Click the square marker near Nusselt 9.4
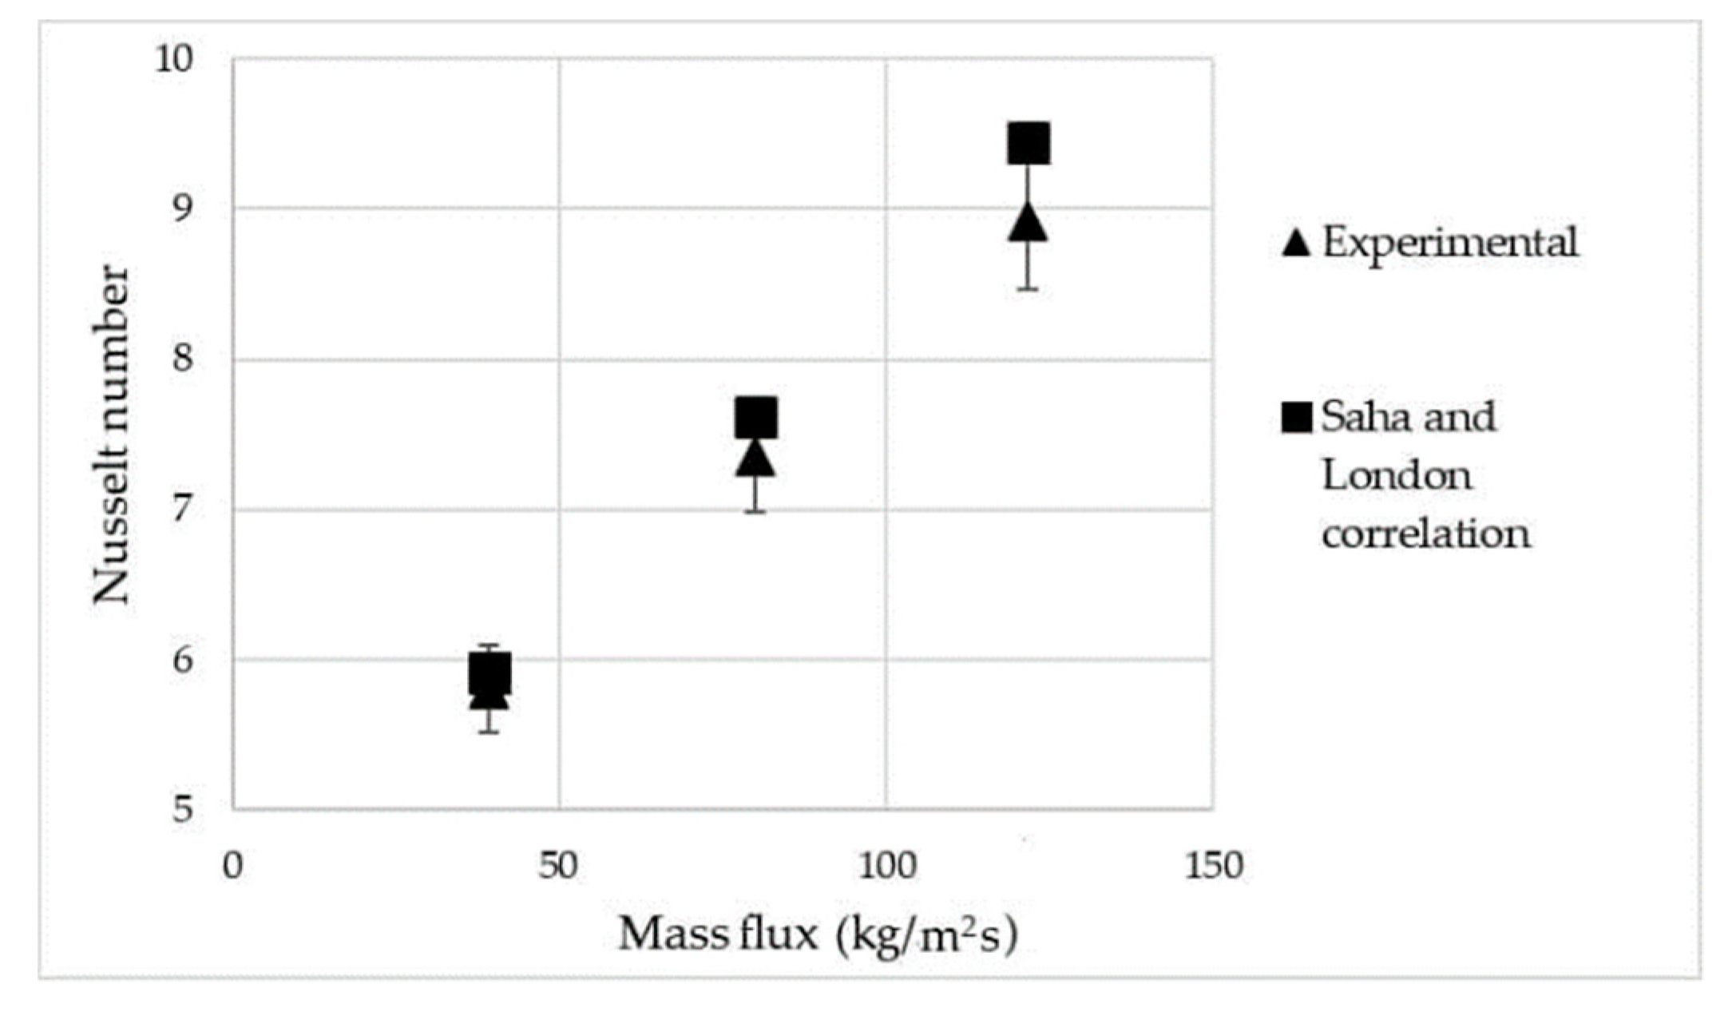tap(1028, 144)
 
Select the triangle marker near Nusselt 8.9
tap(1028, 224)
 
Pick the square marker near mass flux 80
tap(755, 418)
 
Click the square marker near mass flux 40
tap(489, 673)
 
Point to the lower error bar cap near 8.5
tap(1028, 288)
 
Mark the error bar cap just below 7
tap(755, 511)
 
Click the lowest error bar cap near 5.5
tap(489, 732)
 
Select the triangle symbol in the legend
tap(1296, 243)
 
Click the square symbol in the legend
tap(1296, 417)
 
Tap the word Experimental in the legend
tap(1450, 242)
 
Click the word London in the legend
tap(1397, 476)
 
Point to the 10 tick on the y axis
tap(175, 59)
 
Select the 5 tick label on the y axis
tap(184, 808)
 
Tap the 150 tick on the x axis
tap(1213, 867)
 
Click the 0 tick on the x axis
tap(232, 867)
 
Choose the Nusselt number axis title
tap(111, 435)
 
